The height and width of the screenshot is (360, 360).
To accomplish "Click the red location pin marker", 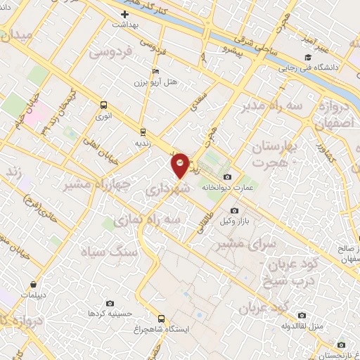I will pyautogui.click(x=181, y=165).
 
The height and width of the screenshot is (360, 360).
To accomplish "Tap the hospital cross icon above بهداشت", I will pyautogui.click(x=125, y=13).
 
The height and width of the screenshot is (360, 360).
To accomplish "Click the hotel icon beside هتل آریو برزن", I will pyautogui.click(x=155, y=72).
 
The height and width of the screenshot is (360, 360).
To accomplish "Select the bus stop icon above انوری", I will pyautogui.click(x=104, y=107).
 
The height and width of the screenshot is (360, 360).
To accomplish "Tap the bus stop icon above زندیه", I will pyautogui.click(x=143, y=131).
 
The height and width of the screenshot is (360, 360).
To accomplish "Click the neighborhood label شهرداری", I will pyautogui.click(x=167, y=190).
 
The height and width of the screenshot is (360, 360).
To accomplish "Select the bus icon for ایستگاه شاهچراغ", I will pyautogui.click(x=161, y=318).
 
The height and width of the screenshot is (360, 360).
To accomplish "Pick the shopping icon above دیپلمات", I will pyautogui.click(x=34, y=285).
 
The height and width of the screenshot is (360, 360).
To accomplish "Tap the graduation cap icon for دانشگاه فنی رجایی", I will pyautogui.click(x=307, y=58).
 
